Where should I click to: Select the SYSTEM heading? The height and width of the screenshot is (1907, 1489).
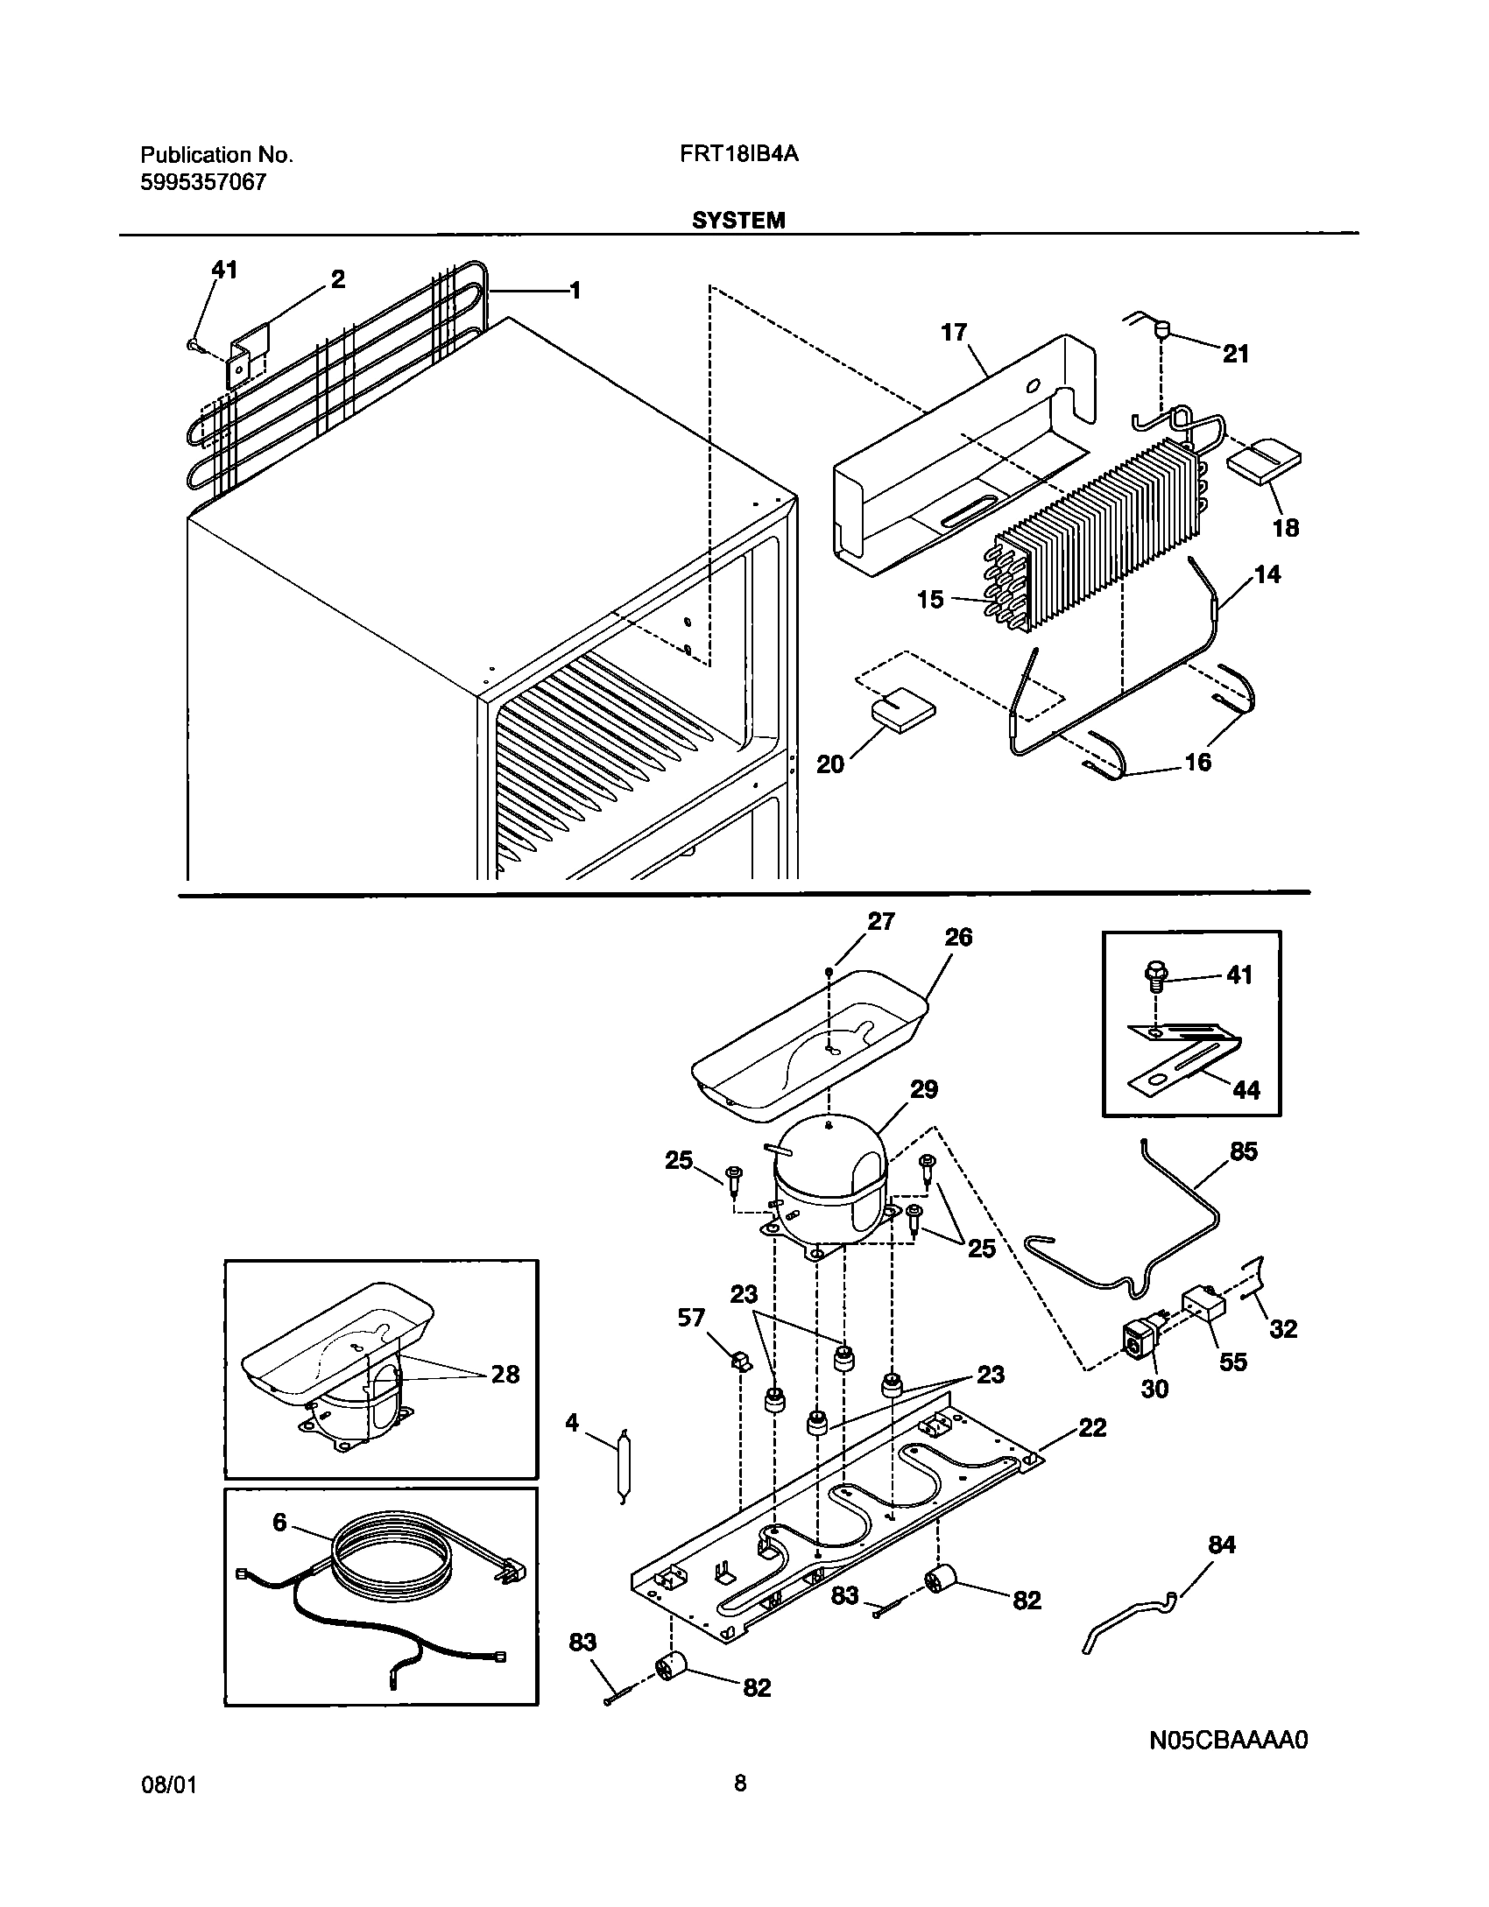[x=738, y=221]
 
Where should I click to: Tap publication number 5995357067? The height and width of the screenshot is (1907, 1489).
[x=203, y=183]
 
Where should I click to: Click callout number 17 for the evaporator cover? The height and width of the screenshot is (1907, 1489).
[x=954, y=333]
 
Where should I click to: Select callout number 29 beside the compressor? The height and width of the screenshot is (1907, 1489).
[x=923, y=1089]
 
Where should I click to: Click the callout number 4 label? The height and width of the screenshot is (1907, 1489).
[x=572, y=1423]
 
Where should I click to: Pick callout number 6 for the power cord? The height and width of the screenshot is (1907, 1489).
[x=279, y=1522]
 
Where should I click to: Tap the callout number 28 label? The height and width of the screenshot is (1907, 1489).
[x=505, y=1374]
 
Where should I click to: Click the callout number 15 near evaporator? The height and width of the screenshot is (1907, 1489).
[x=930, y=600]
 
